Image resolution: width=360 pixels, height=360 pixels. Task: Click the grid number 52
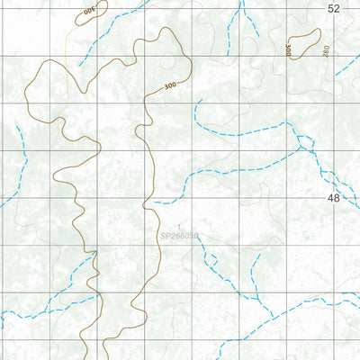click(334, 8)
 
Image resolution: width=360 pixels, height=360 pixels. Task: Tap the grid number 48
click(334, 197)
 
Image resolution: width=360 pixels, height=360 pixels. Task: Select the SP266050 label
click(179, 238)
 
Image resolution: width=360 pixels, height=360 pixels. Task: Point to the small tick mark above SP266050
click(179, 226)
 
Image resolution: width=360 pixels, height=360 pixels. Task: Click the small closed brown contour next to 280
click(302, 43)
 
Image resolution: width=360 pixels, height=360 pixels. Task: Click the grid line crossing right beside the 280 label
click(338, 53)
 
